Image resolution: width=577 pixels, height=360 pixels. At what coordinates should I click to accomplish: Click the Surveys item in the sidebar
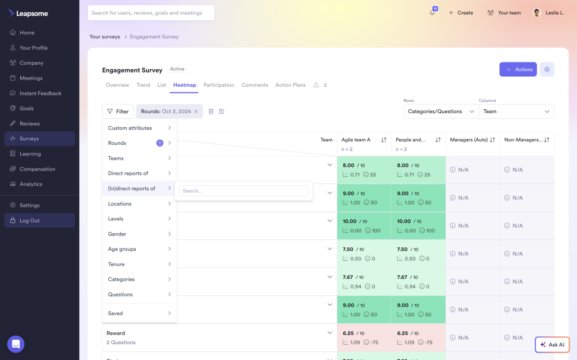29,139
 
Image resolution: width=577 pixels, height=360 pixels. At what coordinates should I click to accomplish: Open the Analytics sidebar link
30,184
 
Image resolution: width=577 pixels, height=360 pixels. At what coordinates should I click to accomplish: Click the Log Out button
29,220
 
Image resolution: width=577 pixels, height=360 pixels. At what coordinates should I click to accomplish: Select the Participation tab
219,85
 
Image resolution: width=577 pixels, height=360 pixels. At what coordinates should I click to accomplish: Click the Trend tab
143,85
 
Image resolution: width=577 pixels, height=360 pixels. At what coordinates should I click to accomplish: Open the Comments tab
255,85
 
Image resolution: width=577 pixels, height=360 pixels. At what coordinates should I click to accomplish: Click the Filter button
118,112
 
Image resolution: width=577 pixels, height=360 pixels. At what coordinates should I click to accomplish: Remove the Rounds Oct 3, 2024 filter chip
196,112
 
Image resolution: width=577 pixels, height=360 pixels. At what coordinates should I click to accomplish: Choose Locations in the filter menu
120,204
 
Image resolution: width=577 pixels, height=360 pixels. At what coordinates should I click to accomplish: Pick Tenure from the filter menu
117,264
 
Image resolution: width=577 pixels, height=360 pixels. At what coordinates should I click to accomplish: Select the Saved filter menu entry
116,313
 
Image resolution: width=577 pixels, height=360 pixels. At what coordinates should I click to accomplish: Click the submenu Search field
243,191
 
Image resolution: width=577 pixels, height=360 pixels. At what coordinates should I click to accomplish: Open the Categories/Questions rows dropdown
441,112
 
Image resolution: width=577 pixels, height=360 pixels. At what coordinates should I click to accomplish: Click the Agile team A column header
356,140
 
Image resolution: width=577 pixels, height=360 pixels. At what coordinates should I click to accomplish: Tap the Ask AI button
552,345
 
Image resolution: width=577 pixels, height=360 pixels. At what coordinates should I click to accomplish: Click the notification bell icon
432,13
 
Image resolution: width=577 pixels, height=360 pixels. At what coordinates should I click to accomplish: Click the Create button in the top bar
461,13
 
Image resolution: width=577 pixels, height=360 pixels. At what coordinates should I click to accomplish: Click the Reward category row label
116,333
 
